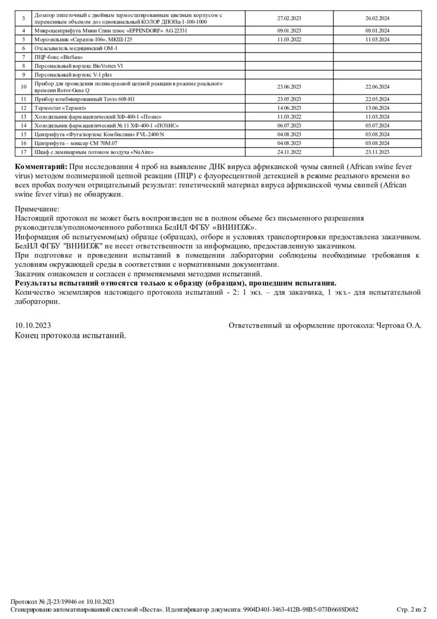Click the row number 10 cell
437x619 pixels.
[23, 87]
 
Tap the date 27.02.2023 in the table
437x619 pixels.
[289, 19]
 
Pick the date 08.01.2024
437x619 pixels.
[377, 31]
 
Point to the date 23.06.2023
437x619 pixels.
[289, 87]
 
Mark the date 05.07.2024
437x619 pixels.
[377, 125]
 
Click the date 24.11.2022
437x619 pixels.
[289, 151]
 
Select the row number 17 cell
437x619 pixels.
[23, 151]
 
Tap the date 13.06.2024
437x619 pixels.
[377, 108]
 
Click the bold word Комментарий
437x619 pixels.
[42, 166]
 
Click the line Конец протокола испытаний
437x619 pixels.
[70, 335]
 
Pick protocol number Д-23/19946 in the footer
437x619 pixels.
[62, 601]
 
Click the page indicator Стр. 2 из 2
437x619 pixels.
[411, 609]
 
